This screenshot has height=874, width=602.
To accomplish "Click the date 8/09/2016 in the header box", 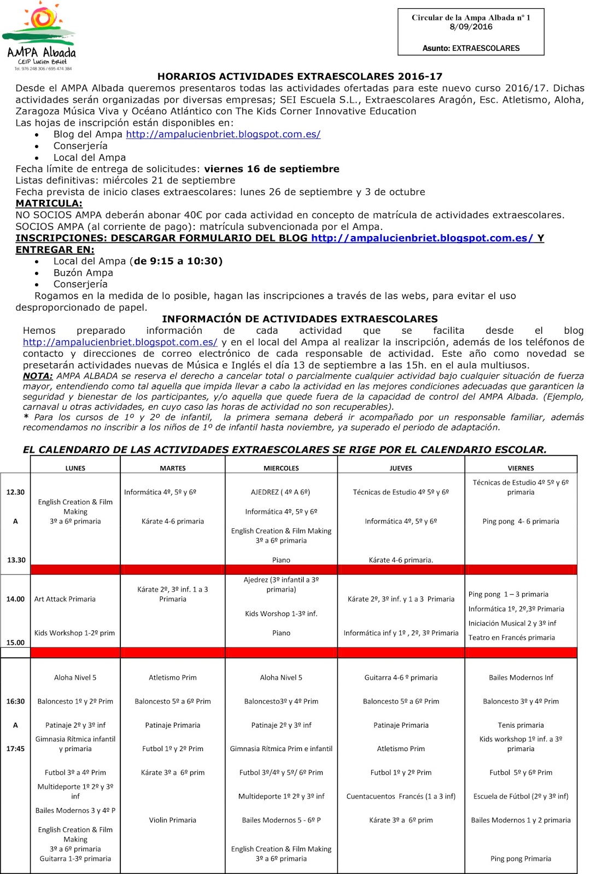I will click(471, 27).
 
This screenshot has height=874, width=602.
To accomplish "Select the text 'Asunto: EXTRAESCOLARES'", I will click(471, 48).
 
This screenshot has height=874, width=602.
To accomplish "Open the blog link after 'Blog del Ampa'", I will click(223, 134).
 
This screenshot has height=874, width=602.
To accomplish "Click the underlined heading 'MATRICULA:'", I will click(49, 203).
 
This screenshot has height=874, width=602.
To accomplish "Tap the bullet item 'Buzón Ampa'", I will click(83, 273).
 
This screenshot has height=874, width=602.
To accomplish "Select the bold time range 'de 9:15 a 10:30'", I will click(178, 261).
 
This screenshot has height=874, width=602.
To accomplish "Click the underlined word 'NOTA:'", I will click(38, 376).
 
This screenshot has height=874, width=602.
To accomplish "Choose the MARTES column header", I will click(173, 468).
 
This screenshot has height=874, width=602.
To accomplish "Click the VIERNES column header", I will click(521, 468).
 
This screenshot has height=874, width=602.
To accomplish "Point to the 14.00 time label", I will click(15, 599).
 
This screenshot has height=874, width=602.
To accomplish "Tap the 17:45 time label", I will click(15, 749).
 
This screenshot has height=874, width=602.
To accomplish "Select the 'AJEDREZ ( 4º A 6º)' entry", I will click(280, 492).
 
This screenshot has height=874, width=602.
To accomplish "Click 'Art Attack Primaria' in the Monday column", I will click(65, 599).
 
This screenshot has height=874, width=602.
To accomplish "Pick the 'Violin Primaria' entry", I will click(173, 820).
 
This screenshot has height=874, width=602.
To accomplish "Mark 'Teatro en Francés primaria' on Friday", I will click(511, 637).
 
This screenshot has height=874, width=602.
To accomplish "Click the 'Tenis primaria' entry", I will click(521, 725).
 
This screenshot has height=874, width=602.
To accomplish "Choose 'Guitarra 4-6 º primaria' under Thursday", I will click(401, 678).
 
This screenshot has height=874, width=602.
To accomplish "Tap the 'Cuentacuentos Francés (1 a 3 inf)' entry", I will click(401, 796).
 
